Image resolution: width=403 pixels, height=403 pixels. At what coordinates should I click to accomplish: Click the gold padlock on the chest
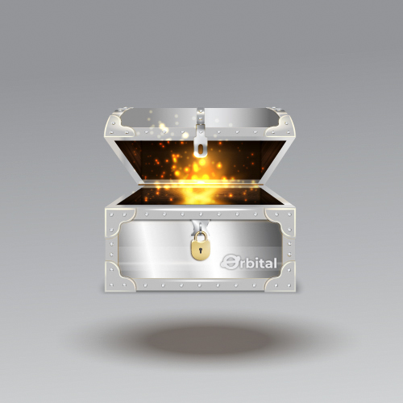[x=200, y=246]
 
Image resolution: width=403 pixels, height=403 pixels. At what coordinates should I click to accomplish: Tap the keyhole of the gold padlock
[x=200, y=251]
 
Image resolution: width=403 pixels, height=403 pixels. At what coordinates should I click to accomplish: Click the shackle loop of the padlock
[x=200, y=236]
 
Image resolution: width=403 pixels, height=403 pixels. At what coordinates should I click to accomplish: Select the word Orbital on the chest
[x=248, y=262]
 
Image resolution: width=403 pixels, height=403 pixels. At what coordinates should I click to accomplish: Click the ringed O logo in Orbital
[x=231, y=262]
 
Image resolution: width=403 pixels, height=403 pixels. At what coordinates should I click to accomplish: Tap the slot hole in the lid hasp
[x=201, y=149]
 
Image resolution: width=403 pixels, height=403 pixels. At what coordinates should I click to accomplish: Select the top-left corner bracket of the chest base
[x=119, y=222]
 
